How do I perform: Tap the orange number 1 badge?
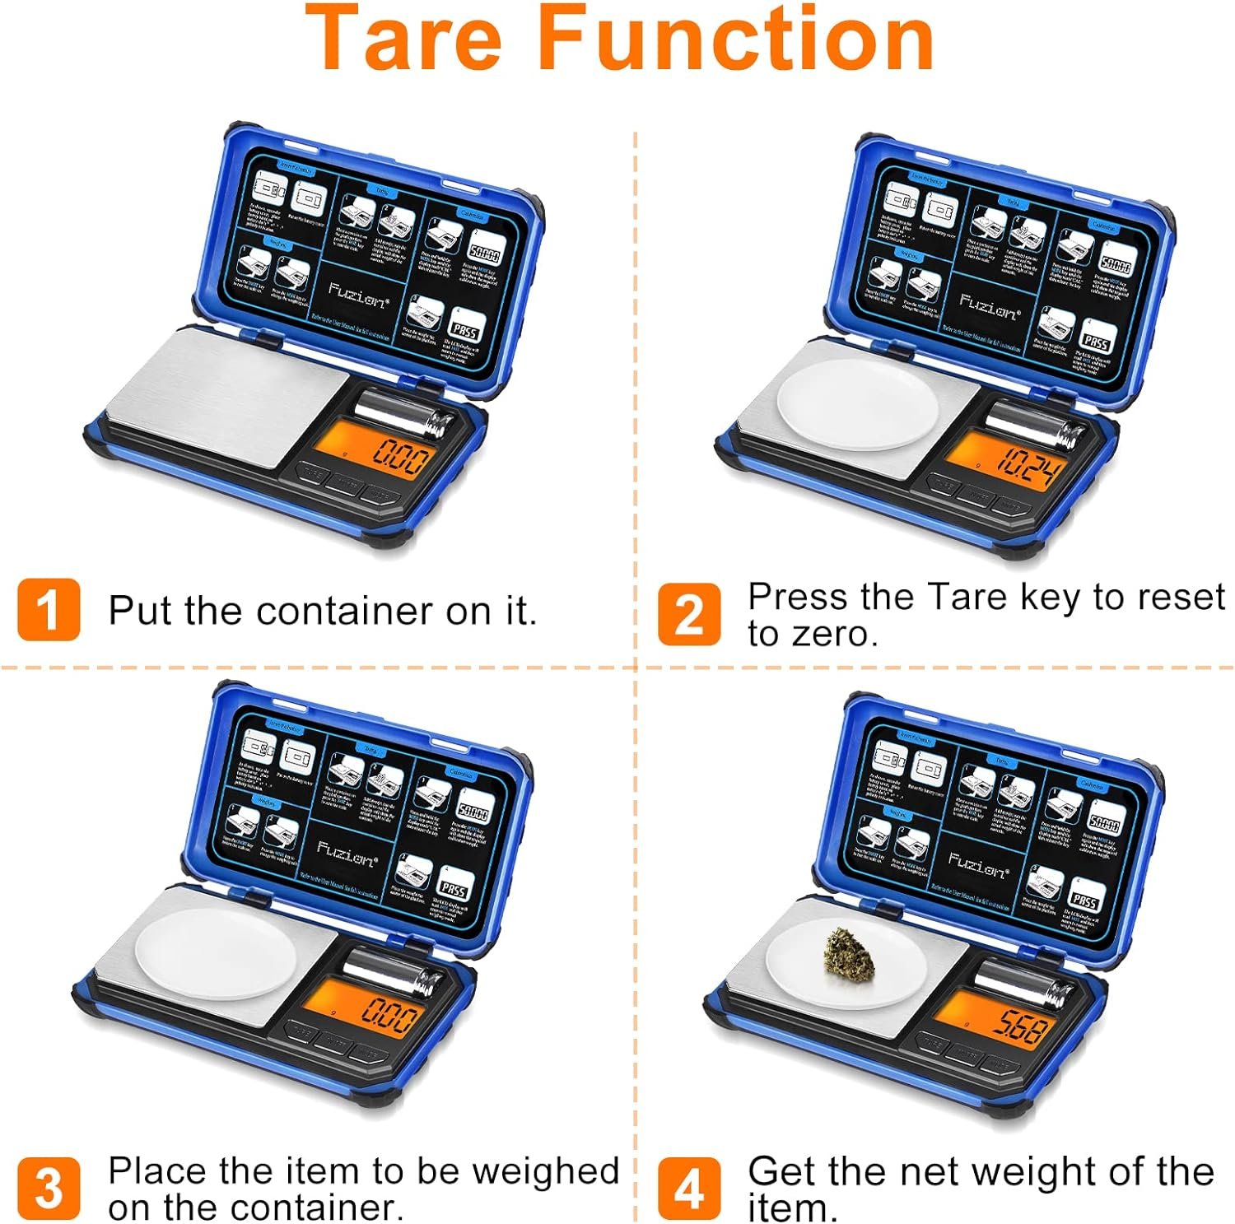point(49,609)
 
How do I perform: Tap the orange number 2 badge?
point(688,614)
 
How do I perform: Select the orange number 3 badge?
point(49,1188)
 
